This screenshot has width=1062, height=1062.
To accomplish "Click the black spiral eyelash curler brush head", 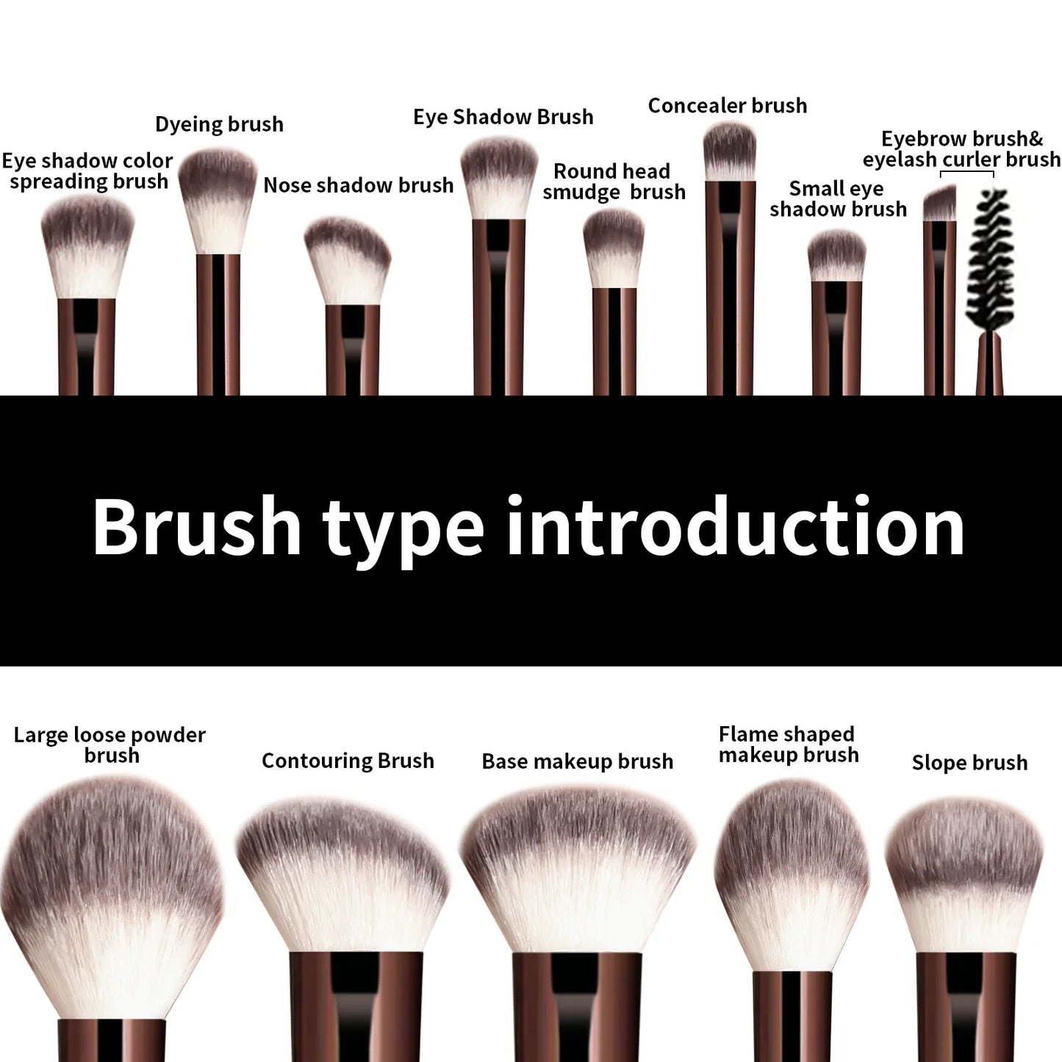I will tap(991, 259).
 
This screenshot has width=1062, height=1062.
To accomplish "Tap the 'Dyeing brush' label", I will tap(219, 124).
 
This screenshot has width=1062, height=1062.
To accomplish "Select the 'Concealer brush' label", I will tap(727, 106).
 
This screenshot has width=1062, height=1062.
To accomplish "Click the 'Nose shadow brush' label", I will tap(358, 185).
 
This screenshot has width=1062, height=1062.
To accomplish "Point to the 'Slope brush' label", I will tap(969, 763).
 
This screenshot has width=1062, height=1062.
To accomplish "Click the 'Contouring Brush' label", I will tap(348, 761).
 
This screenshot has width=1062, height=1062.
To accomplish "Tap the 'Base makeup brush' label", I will tap(577, 761).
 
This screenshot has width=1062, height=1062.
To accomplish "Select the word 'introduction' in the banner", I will tap(735, 527).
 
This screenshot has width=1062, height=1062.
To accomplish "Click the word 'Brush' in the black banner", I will tap(197, 527).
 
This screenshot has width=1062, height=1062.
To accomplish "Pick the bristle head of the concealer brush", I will tap(729, 151).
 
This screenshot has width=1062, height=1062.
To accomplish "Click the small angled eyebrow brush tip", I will tap(939, 204).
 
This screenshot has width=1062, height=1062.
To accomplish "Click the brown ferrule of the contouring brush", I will tap(356, 1007).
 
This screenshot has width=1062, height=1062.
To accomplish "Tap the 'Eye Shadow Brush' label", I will tap(503, 117).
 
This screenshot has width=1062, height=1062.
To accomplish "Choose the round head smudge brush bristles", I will tap(614, 248).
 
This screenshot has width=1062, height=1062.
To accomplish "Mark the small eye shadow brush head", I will tap(836, 256).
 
